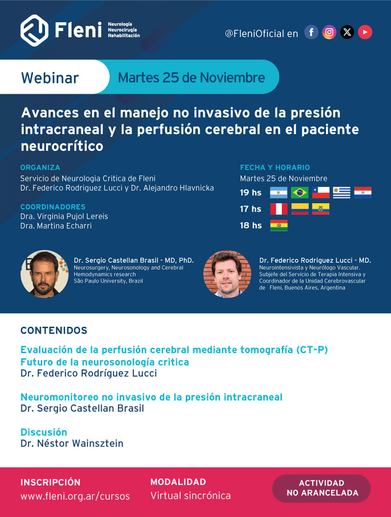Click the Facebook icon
coord(311,32)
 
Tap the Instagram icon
coord(329,32)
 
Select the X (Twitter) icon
coord(347,32)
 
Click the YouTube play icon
coord(365,32)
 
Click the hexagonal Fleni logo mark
coord(34,30)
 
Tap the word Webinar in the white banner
coord(50,78)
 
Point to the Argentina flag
coord(279,193)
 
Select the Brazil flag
coord(300,193)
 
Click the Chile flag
coord(321,193)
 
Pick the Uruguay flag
coord(341,193)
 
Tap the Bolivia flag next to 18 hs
coord(279,226)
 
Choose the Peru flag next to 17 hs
coord(279,209)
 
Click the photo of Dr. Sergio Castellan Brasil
coord(45,274)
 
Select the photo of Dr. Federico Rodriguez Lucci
coord(228,274)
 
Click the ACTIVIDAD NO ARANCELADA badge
coord(321,488)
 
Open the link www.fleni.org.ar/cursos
coord(75,496)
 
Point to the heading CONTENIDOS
coord(54,330)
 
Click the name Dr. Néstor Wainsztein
coord(72,444)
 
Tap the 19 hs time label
coord(250,193)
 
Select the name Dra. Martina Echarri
coord(56,226)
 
